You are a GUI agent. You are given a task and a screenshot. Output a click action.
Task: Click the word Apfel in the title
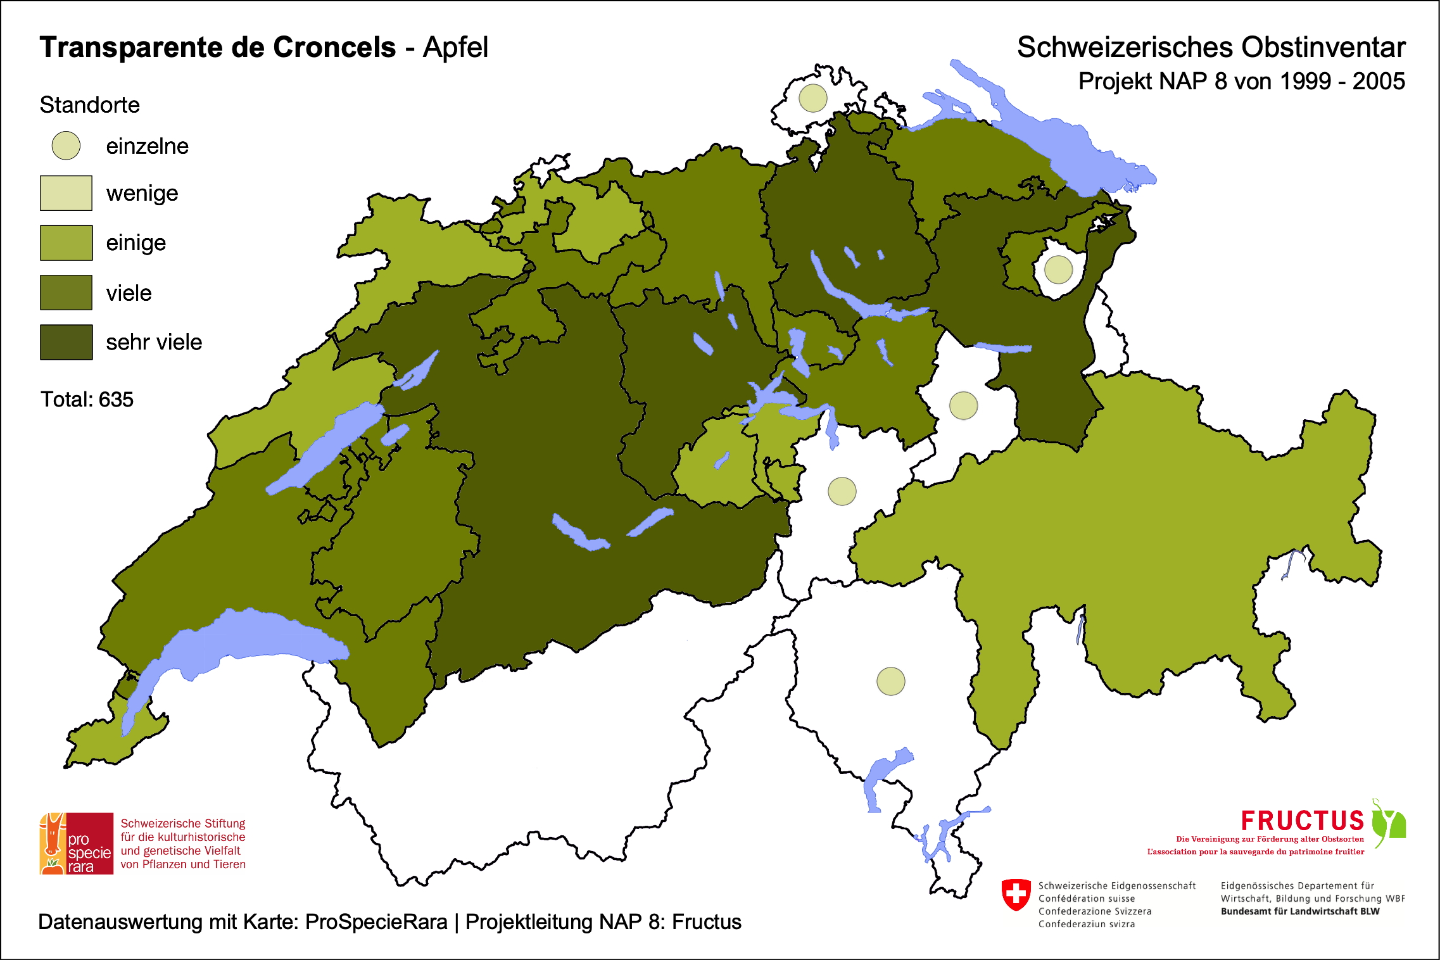[x=455, y=47]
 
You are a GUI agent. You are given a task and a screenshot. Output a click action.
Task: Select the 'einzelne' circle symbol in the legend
[x=66, y=146]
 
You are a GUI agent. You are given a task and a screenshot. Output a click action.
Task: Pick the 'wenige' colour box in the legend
[x=66, y=193]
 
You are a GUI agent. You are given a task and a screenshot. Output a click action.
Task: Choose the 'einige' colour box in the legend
[x=66, y=243]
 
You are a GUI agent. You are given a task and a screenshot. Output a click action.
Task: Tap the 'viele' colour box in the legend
[x=66, y=293]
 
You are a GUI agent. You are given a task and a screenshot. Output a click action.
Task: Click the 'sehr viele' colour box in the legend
[x=66, y=342]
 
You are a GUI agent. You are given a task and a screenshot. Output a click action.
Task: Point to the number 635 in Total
[x=116, y=400]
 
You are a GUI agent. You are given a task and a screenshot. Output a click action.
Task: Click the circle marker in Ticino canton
[x=890, y=681]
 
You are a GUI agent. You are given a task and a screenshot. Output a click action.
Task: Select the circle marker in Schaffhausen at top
[x=812, y=98]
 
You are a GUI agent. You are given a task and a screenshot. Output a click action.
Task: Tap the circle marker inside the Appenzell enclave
[x=1058, y=269]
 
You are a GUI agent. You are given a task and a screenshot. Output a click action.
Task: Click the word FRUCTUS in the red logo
[x=1302, y=821]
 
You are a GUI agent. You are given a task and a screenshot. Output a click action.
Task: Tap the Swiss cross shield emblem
[x=1016, y=894]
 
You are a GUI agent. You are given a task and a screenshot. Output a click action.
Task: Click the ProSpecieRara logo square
[x=77, y=843]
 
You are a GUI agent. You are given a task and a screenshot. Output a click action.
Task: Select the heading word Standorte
[x=89, y=105]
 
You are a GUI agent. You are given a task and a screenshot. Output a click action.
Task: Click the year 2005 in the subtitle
[x=1379, y=82]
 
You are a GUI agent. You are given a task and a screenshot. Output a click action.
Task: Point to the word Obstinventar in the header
[x=1323, y=47]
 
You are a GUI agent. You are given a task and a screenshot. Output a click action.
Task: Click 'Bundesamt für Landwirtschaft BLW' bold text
[x=1299, y=911]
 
